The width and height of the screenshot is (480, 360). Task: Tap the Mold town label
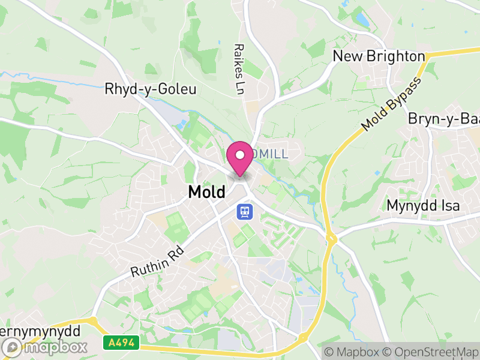click(206, 192)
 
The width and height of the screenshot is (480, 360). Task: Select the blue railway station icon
click(245, 212)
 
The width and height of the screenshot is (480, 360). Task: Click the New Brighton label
click(379, 56)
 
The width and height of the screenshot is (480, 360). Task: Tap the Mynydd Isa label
click(422, 205)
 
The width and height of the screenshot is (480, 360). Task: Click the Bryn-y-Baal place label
click(444, 119)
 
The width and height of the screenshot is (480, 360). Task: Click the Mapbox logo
click(45, 347)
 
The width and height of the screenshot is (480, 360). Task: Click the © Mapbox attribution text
click(352, 352)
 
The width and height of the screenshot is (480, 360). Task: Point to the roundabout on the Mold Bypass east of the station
click(331, 238)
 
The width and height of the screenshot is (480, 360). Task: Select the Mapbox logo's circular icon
click(11, 347)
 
